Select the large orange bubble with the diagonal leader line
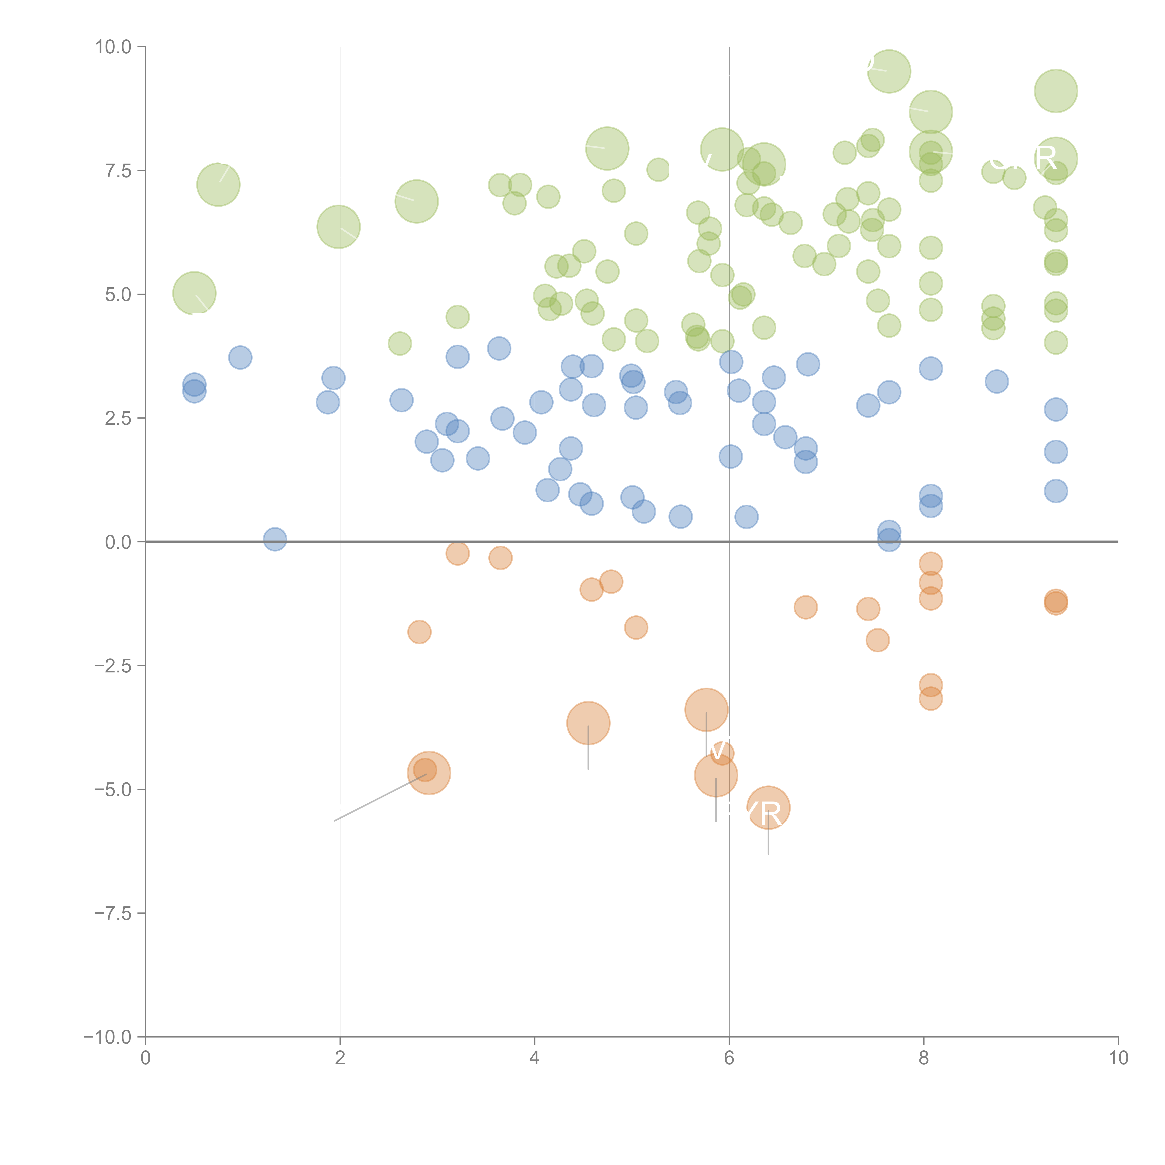(x=429, y=773)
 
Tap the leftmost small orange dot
(x=419, y=632)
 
